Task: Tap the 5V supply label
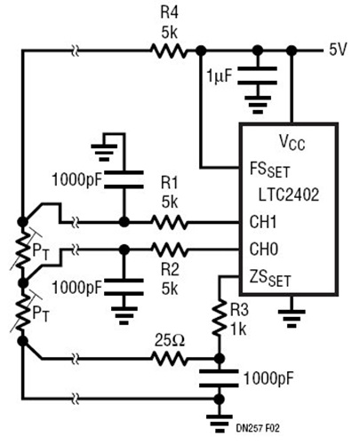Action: tap(340, 50)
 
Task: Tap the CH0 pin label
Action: tap(260, 250)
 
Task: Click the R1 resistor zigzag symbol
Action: tap(170, 221)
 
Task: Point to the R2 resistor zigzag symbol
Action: tap(170, 250)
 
